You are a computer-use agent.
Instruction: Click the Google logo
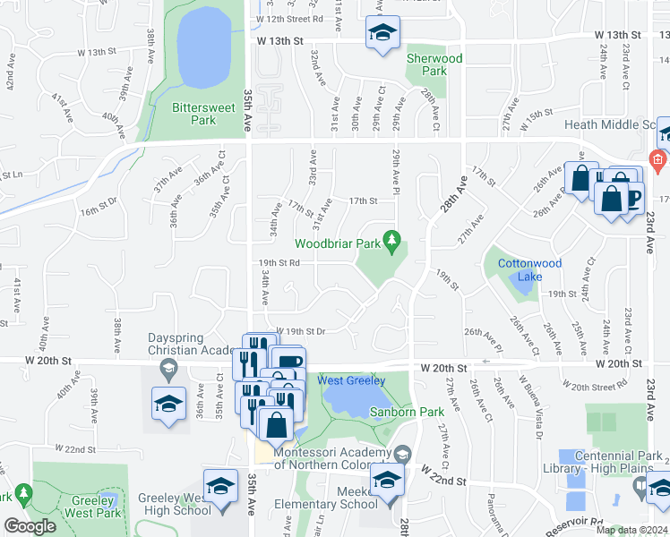[x=30, y=526]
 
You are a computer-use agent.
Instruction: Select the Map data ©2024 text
[x=631, y=530]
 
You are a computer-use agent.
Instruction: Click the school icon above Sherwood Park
[x=382, y=34]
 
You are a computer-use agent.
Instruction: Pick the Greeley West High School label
[x=176, y=504]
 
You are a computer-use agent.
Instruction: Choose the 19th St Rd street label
[x=286, y=263]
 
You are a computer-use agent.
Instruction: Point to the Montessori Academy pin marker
[x=402, y=455]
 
